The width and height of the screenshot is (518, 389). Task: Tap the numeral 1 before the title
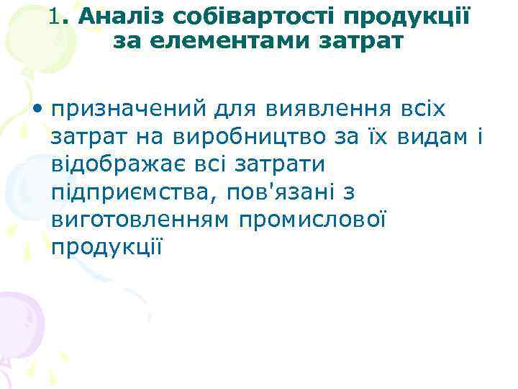coord(57,17)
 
